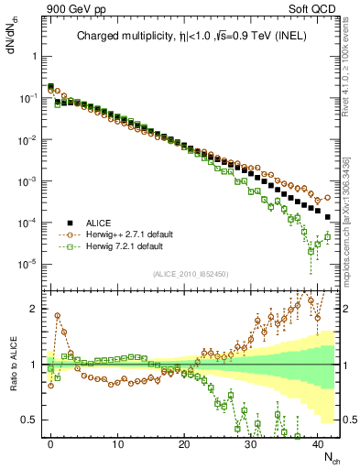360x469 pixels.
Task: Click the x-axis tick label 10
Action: tap(117, 442)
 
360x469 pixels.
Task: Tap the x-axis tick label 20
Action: tap(184, 442)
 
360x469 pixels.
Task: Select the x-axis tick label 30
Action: tap(251, 442)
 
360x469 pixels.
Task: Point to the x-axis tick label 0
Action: tap(50, 442)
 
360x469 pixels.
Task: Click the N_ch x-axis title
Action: tap(328, 456)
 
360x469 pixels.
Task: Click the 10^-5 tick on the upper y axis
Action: tap(29, 265)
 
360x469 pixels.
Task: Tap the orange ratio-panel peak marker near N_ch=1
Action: tap(57, 315)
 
